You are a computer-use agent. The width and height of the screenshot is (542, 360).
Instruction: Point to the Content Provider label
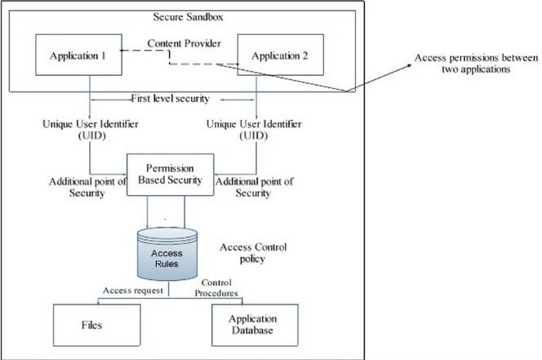coord(183,42)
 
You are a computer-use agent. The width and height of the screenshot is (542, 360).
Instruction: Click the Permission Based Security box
coord(169,174)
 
